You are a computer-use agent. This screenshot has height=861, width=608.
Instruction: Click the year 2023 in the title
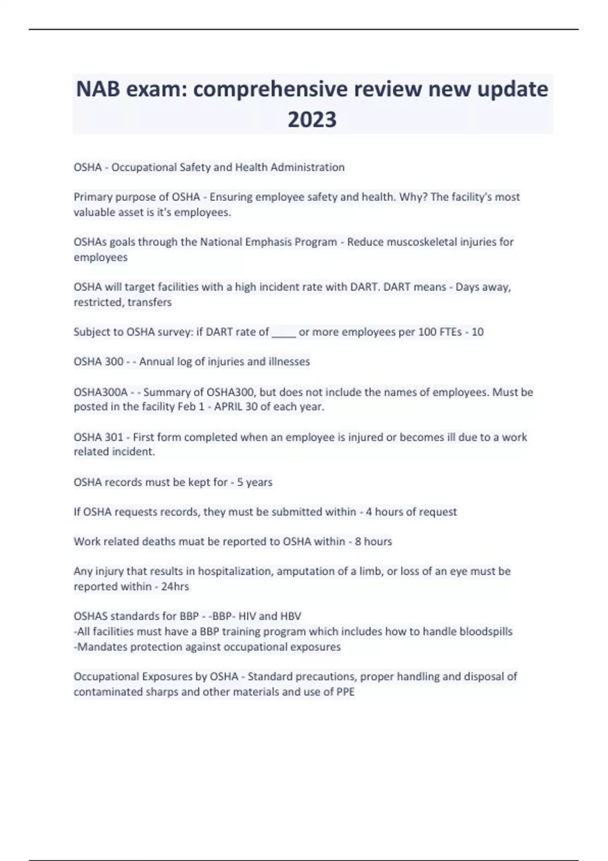coord(312,120)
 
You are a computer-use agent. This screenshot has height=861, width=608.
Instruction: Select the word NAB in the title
coord(98,90)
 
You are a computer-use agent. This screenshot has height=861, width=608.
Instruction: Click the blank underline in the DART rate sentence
coord(284,333)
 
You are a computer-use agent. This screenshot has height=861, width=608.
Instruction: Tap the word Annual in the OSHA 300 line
coord(156,362)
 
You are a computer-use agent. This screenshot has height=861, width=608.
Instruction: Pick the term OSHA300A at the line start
coord(100,393)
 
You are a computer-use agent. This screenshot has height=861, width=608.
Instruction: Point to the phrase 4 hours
coord(384,512)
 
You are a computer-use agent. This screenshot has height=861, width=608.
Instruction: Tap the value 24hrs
coord(175,586)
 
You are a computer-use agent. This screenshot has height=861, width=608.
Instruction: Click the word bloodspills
coord(486,632)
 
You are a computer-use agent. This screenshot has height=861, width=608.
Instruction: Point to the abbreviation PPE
coord(345,692)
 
